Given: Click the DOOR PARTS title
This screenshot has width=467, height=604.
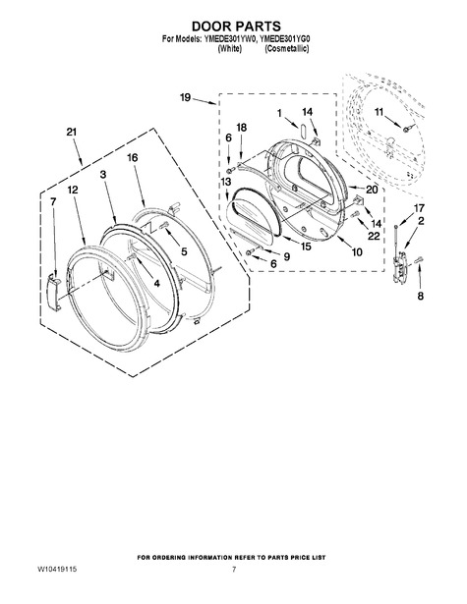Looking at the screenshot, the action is click(236, 27).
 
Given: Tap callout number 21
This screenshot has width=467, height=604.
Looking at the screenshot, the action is click(72, 133).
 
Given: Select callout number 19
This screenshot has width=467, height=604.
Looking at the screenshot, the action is click(186, 98).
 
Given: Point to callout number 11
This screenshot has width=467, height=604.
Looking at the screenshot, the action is click(379, 112).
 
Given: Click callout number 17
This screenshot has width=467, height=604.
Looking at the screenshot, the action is click(419, 208).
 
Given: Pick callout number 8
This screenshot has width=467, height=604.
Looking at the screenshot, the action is click(421, 296).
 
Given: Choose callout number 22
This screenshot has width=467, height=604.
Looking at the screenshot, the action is click(374, 236).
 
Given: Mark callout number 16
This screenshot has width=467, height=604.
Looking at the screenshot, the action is click(133, 158).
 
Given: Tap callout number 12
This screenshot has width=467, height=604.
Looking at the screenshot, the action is click(73, 190).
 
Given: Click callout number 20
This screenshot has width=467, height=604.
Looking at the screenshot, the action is click(373, 190).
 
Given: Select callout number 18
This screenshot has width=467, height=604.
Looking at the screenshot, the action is click(242, 128).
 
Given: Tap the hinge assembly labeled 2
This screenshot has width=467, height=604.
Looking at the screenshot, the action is click(399, 266).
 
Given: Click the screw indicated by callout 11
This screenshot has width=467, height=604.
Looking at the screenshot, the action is click(406, 129).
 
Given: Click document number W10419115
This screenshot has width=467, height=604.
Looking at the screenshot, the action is click(57, 569).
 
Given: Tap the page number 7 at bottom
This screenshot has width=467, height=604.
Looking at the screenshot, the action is click(234, 569).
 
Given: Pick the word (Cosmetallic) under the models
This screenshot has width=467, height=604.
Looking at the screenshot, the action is click(286, 49).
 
